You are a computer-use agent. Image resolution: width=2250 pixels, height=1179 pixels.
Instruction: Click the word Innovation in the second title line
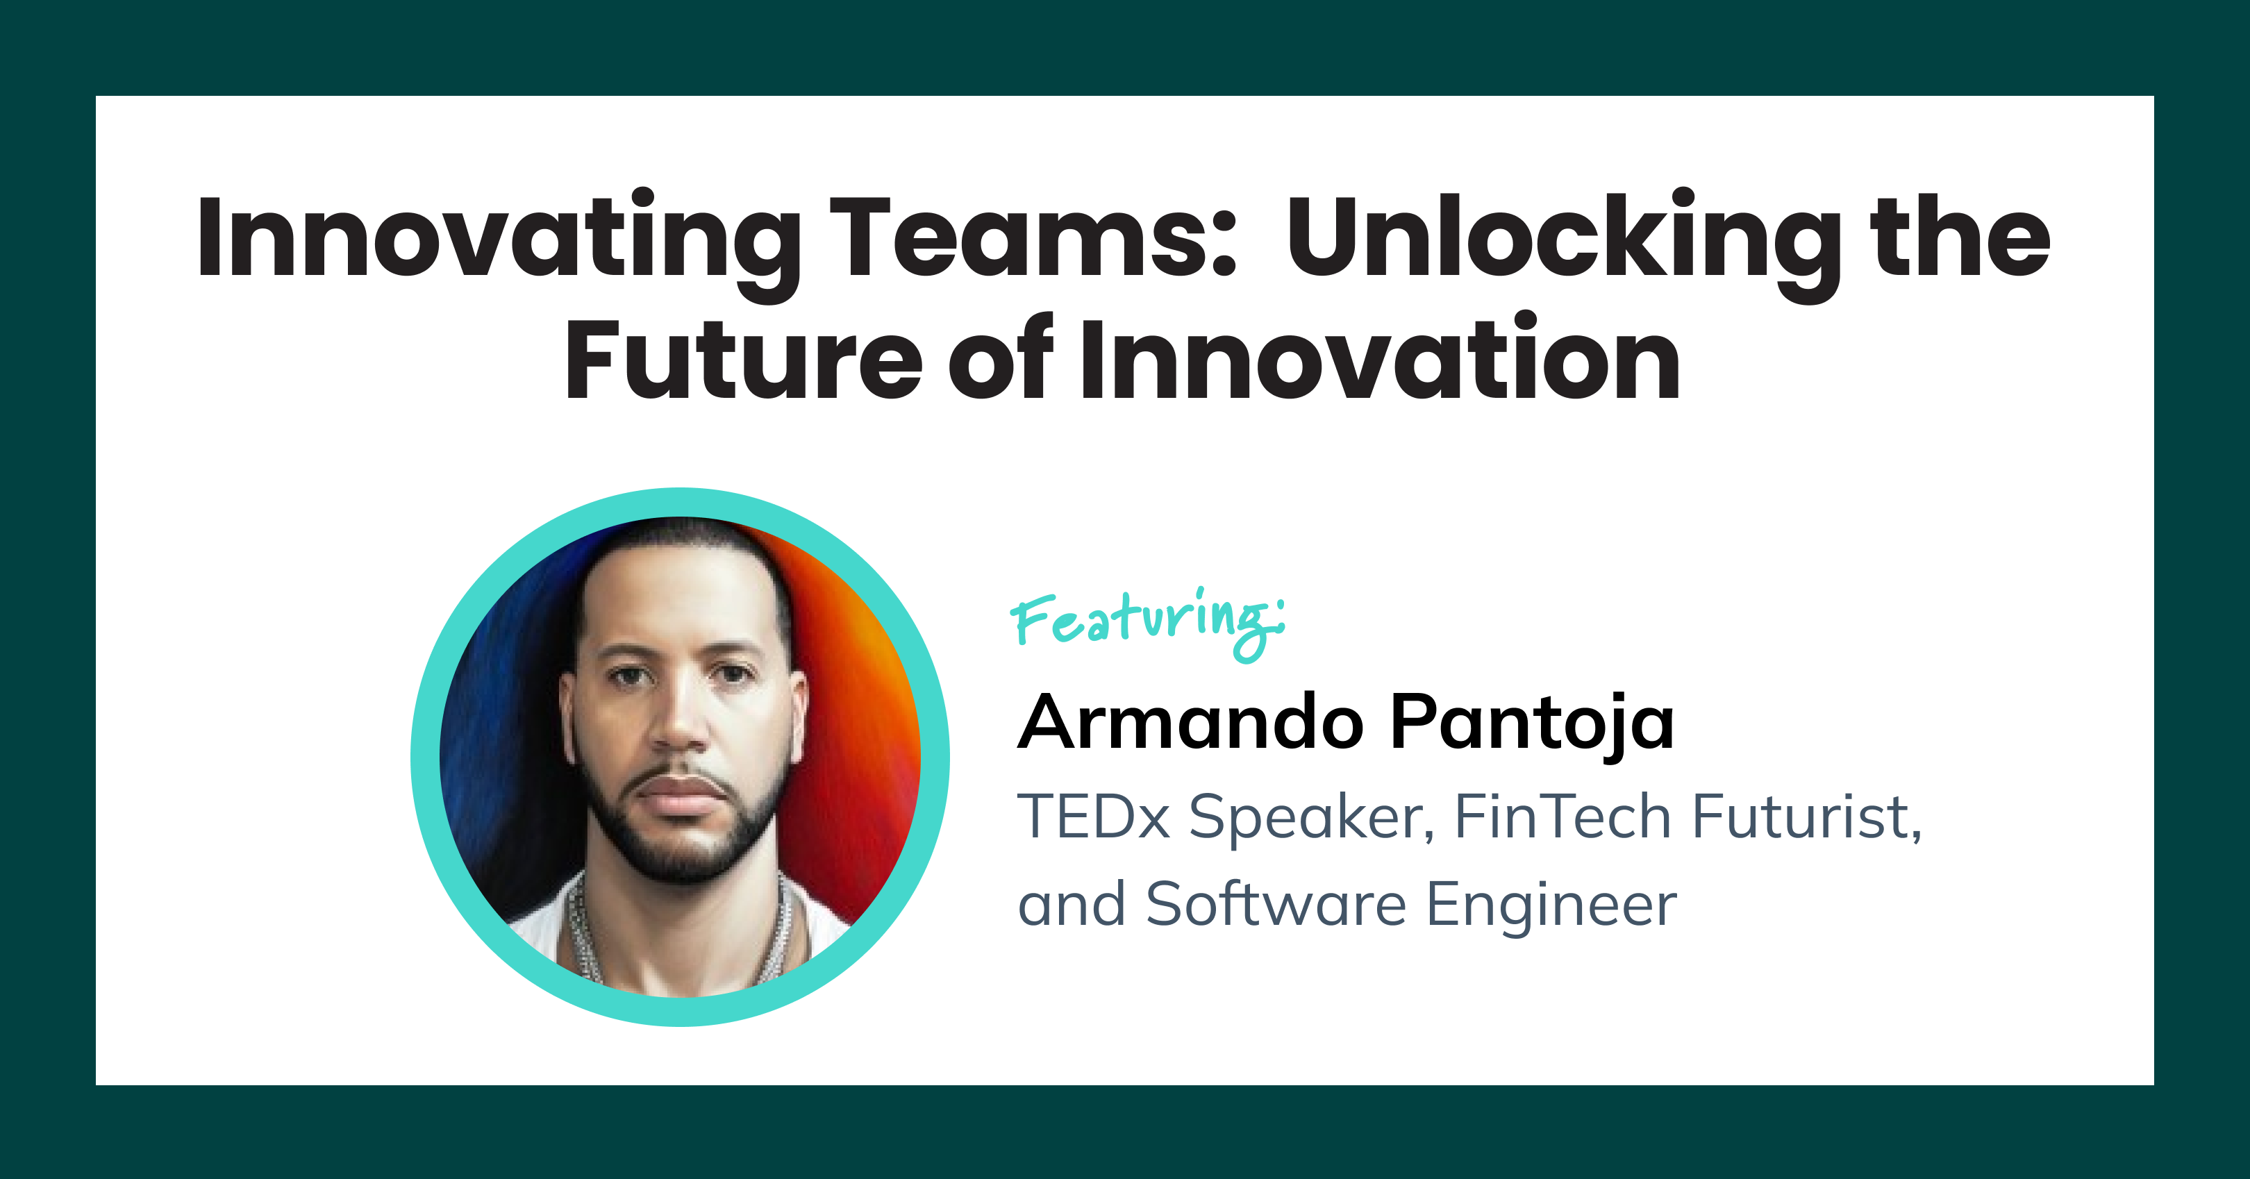(1380, 356)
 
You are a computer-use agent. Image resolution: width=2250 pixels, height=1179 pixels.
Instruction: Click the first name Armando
(1190, 722)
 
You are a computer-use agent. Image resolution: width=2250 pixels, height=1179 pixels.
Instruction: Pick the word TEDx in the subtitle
(1094, 816)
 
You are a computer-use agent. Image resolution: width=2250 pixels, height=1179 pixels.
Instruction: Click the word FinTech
(1562, 816)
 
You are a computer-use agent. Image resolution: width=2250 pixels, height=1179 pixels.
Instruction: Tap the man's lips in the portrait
(682, 793)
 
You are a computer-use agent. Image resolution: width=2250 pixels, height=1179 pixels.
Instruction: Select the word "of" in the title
(1001, 356)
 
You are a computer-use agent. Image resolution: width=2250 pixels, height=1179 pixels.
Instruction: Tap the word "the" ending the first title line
(1959, 235)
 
